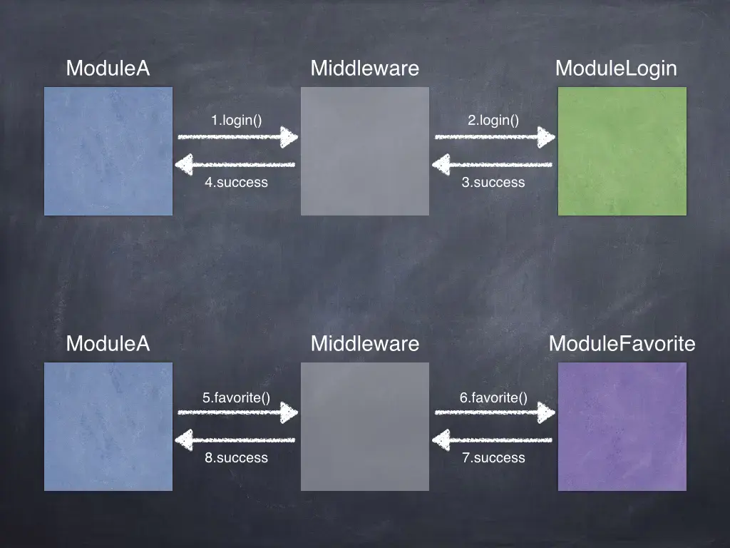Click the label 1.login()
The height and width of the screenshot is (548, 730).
click(x=236, y=121)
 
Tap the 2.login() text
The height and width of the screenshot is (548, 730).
click(x=493, y=121)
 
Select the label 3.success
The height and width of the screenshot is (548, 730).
click(x=493, y=183)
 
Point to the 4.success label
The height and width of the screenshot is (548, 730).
click(x=236, y=183)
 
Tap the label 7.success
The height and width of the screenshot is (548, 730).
click(x=493, y=458)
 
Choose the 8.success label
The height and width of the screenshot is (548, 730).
click(x=236, y=458)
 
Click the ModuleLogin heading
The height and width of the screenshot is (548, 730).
click(x=616, y=68)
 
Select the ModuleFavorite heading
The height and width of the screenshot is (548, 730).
click(x=622, y=344)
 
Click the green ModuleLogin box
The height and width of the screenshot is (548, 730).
click(x=622, y=151)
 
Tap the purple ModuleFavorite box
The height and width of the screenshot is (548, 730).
click(x=622, y=427)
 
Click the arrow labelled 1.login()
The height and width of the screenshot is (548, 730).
click(x=237, y=137)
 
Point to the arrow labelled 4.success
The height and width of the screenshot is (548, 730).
click(x=235, y=166)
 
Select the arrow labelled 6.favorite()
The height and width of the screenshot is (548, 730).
click(x=494, y=412)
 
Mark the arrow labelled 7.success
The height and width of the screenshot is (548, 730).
click(x=493, y=441)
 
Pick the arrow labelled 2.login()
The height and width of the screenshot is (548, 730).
click(x=494, y=137)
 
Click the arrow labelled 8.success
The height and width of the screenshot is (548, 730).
click(x=235, y=441)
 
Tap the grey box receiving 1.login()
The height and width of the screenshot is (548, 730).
click(x=365, y=151)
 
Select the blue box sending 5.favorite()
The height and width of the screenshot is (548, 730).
click(x=108, y=427)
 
